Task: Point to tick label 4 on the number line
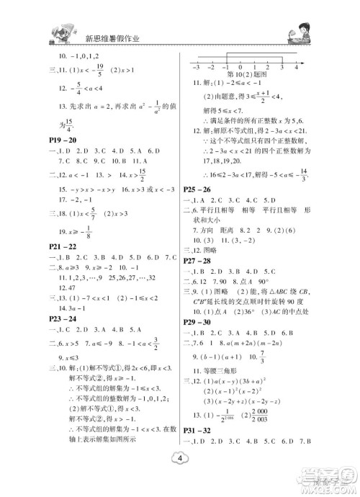tap(296, 66)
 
